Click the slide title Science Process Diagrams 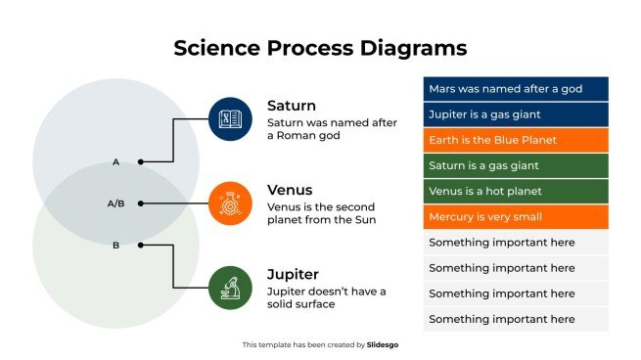[x=320, y=48]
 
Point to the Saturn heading [x=292, y=106]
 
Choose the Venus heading [x=291, y=190]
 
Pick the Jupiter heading [x=294, y=274]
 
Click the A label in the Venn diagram [x=115, y=161]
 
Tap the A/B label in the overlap [x=115, y=203]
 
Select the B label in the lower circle [x=115, y=246]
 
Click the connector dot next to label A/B [x=141, y=203]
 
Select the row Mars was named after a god [x=516, y=89]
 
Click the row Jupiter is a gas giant [x=516, y=114]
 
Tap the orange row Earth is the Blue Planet [x=516, y=140]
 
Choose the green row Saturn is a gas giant [x=516, y=165]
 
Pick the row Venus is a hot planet [x=516, y=191]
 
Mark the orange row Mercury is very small [x=516, y=216]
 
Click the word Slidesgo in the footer [x=383, y=344]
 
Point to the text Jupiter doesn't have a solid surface [x=326, y=297]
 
